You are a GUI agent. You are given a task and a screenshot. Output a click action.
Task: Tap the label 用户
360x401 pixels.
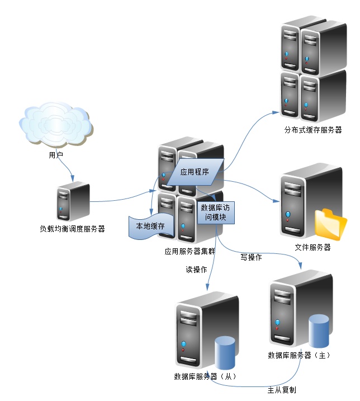[x=56, y=155]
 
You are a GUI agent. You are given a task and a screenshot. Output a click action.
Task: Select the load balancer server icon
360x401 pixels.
[x=73, y=202]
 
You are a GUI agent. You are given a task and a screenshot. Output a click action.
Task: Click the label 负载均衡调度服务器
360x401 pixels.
[x=73, y=228]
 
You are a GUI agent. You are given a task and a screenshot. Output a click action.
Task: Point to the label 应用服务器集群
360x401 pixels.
[x=190, y=252]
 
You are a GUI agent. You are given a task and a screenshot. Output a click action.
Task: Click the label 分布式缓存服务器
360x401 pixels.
[x=312, y=130]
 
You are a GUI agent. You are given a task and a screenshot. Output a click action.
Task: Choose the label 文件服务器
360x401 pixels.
[x=312, y=247]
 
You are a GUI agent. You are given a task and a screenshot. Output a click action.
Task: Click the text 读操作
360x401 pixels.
[x=196, y=270]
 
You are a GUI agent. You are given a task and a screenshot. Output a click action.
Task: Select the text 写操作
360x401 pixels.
[x=252, y=258]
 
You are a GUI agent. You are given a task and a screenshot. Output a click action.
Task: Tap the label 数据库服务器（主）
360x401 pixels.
[x=299, y=355]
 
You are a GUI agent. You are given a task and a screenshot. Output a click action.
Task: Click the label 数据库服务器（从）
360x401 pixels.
[x=205, y=376]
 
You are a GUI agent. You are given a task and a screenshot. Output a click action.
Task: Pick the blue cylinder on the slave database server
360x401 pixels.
[x=225, y=352]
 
